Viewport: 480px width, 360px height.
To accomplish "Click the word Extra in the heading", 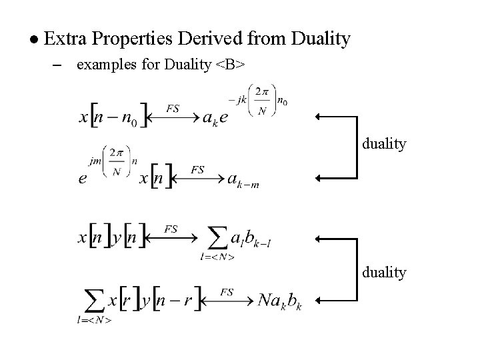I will click(68, 39).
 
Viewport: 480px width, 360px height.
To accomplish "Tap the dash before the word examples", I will click(56, 65).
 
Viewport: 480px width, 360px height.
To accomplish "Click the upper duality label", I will click(384, 143).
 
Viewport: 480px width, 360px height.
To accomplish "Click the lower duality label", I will click(384, 272).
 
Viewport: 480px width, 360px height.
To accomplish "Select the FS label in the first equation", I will click(173, 109).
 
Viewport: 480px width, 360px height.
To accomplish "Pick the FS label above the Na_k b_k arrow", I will click(227, 292).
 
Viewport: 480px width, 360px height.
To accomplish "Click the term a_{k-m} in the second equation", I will click(243, 180).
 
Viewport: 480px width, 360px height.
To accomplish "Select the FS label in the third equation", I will click(171, 229).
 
